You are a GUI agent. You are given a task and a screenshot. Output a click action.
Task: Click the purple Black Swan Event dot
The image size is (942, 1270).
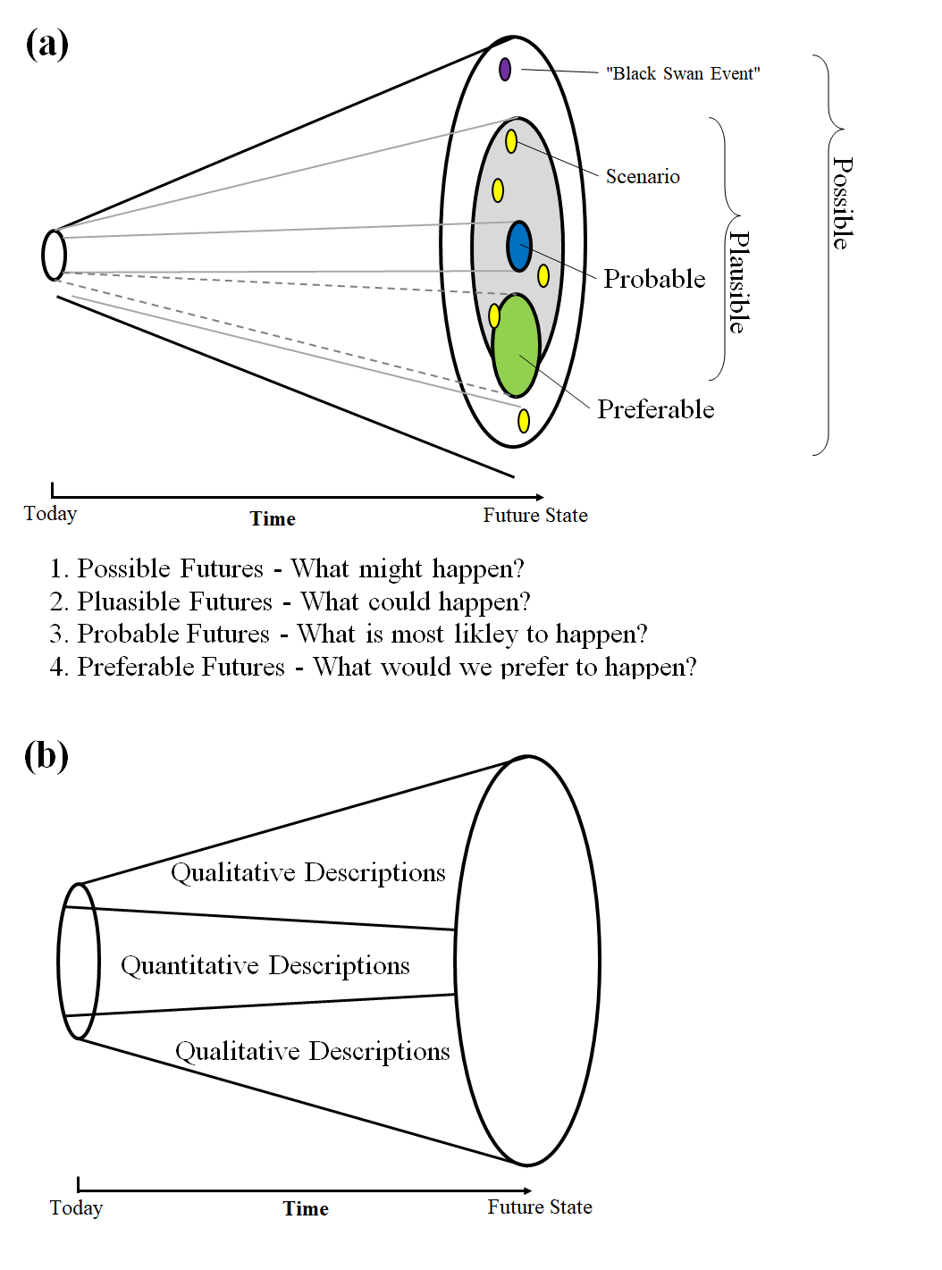(x=504, y=70)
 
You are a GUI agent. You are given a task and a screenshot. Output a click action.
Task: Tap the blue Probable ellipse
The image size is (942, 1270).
(x=519, y=246)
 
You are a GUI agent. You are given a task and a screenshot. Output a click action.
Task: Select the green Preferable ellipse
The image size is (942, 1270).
(x=516, y=345)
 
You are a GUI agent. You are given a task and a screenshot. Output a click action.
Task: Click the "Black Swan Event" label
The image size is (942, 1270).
(x=683, y=73)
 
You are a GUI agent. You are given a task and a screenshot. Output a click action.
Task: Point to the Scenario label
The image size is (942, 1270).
(x=643, y=176)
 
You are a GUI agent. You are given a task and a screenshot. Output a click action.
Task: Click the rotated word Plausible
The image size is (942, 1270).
(x=739, y=282)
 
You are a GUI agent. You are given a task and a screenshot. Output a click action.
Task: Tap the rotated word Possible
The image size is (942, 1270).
(x=843, y=203)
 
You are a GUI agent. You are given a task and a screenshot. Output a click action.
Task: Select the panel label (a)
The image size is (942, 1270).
(x=47, y=44)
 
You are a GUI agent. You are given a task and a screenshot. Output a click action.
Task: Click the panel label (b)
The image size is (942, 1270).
(x=46, y=755)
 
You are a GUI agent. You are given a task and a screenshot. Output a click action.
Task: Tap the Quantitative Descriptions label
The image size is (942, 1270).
(x=265, y=965)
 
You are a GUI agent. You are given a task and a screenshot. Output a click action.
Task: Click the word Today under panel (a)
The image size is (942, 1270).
(x=50, y=514)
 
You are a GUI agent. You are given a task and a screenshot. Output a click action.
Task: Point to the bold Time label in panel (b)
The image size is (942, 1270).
(x=306, y=1208)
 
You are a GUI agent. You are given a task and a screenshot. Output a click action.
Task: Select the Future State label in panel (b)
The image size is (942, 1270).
(x=540, y=1207)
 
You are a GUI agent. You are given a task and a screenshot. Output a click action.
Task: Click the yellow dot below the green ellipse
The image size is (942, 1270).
(x=524, y=421)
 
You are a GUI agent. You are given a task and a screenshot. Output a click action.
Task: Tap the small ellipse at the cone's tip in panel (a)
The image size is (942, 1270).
(x=54, y=256)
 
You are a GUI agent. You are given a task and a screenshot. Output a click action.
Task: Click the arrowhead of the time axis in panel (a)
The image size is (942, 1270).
(x=540, y=497)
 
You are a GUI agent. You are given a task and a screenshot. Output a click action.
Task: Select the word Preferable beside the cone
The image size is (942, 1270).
(x=656, y=409)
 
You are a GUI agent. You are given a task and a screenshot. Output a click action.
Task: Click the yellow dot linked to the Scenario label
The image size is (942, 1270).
(x=511, y=141)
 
